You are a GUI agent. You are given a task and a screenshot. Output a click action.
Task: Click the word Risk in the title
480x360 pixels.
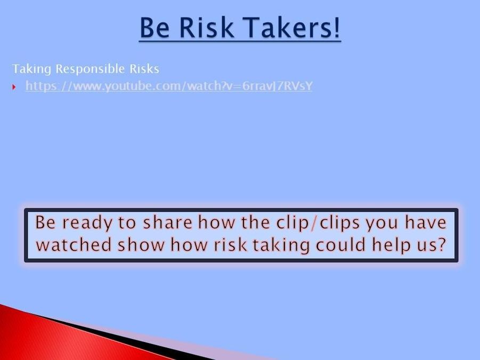(206, 28)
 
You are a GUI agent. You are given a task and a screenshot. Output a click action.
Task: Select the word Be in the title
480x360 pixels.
(154, 28)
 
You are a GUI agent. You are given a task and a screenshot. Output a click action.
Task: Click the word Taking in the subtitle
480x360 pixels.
(31, 69)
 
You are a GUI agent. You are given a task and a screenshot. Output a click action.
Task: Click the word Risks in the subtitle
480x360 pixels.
(144, 69)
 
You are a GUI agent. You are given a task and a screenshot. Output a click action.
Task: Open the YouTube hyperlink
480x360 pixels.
(169, 86)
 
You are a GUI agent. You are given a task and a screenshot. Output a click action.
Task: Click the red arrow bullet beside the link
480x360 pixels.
(14, 87)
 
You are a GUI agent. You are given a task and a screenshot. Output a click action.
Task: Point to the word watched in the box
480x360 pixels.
(74, 245)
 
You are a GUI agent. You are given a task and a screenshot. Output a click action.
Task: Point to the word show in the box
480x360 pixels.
(141, 244)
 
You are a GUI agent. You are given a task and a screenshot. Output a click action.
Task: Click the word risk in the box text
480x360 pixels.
(230, 244)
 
